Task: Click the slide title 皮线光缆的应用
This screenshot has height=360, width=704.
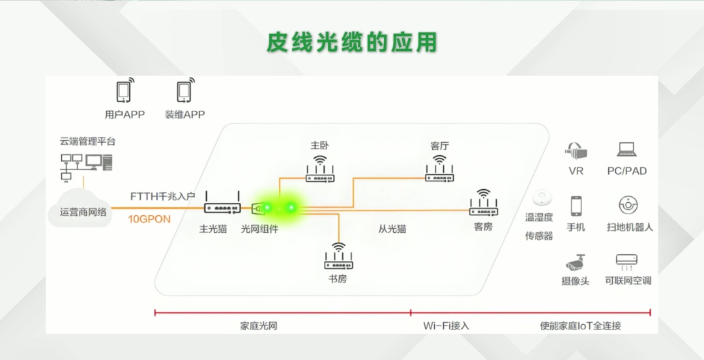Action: (x=352, y=42)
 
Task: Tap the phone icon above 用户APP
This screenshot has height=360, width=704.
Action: (x=125, y=90)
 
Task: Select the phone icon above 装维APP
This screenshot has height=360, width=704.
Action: (x=185, y=90)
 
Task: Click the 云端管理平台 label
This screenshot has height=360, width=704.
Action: (x=87, y=141)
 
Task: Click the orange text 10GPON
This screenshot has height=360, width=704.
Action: (x=149, y=219)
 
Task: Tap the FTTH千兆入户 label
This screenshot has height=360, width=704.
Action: (x=162, y=196)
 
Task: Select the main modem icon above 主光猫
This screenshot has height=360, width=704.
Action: (x=222, y=202)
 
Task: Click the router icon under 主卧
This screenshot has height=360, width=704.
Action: (x=319, y=169)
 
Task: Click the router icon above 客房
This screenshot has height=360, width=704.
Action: (x=484, y=202)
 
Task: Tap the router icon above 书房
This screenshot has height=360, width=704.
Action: (x=338, y=256)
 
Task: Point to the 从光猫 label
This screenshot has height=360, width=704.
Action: (x=392, y=229)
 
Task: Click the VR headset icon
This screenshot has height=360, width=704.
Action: (x=576, y=151)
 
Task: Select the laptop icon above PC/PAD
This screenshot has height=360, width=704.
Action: (x=626, y=149)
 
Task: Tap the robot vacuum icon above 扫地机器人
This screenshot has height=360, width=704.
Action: (x=628, y=205)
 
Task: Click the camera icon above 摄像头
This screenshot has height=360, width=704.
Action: (x=575, y=262)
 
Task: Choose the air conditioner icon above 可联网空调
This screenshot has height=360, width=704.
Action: (x=626, y=262)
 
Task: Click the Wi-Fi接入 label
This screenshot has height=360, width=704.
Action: (x=446, y=326)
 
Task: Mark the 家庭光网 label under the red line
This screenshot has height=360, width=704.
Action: (x=259, y=326)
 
